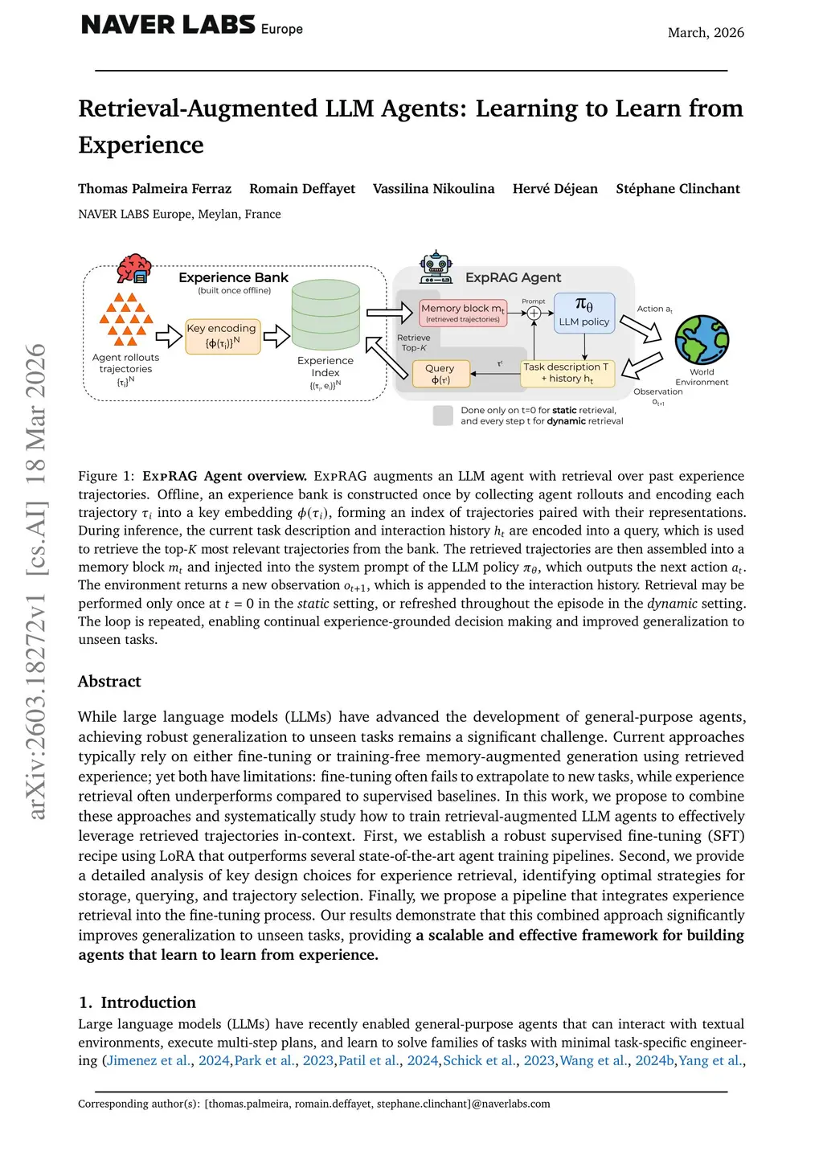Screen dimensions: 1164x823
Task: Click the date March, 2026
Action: click(x=706, y=33)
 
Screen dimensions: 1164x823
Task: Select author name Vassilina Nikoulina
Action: click(x=433, y=189)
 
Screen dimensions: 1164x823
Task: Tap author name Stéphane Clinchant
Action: click(x=678, y=189)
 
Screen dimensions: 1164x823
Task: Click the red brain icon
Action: click(x=133, y=268)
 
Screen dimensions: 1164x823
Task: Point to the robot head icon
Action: click(x=436, y=266)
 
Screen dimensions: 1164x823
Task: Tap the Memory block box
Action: click(x=463, y=312)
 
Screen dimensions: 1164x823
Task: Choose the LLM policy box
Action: click(x=584, y=313)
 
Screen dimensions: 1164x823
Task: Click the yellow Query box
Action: click(x=440, y=374)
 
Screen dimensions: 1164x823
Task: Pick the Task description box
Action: click(x=567, y=373)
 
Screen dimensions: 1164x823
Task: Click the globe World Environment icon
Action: click(x=702, y=340)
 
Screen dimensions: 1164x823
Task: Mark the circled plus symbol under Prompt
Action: click(x=534, y=313)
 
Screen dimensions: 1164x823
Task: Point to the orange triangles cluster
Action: click(x=125, y=319)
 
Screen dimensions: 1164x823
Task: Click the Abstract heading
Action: click(x=109, y=682)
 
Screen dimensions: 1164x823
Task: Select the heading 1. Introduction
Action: click(x=137, y=1002)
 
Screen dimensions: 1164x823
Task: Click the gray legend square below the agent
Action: click(x=443, y=416)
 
